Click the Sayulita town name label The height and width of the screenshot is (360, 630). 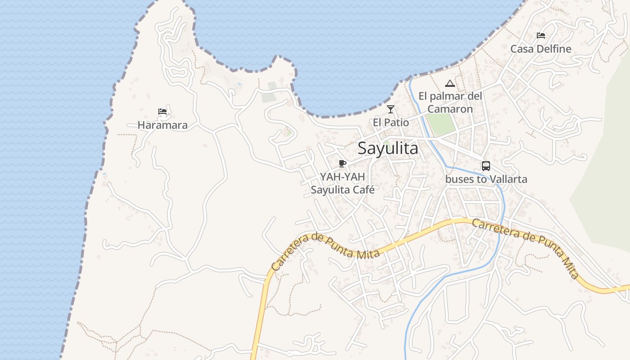tap(388, 148)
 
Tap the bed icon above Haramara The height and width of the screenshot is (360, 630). tap(162, 111)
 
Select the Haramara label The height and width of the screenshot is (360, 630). tap(162, 125)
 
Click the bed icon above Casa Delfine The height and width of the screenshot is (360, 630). tap(541, 36)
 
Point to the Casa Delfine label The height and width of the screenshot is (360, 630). tap(541, 49)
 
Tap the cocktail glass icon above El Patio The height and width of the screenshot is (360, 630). tap(391, 109)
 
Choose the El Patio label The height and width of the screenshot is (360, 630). tap(391, 122)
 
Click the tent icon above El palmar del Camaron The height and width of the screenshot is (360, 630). tap(450, 83)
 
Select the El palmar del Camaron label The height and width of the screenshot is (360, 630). tap(450, 103)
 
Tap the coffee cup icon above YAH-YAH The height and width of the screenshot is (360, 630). tap(342, 163)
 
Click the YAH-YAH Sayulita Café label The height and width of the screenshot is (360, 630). tap(342, 183)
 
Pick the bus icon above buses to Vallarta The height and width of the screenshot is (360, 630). tap(486, 166)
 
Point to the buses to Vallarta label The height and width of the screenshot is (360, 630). tap(486, 179)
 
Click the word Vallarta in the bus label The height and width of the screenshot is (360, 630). tap(508, 179)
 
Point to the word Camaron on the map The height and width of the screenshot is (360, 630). tap(450, 109)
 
